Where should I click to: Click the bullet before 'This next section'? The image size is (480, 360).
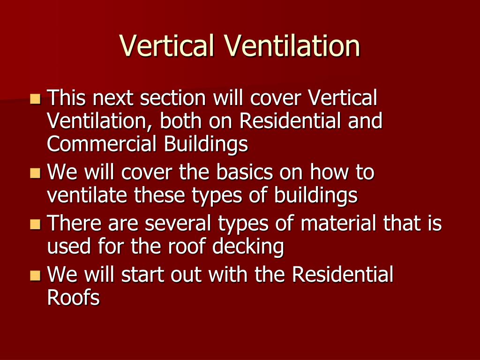click(35, 99)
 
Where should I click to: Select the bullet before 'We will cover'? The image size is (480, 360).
click(35, 173)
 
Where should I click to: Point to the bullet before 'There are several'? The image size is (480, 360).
click(35, 224)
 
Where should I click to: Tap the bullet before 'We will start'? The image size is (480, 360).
click(35, 275)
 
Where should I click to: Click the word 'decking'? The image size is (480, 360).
click(248, 247)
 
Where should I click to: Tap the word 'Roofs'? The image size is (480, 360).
click(74, 297)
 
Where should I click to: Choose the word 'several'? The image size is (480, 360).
click(178, 223)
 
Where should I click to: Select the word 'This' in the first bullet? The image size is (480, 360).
click(67, 98)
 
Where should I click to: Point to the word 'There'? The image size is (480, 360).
click(75, 223)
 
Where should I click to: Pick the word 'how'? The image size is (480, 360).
click(328, 172)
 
